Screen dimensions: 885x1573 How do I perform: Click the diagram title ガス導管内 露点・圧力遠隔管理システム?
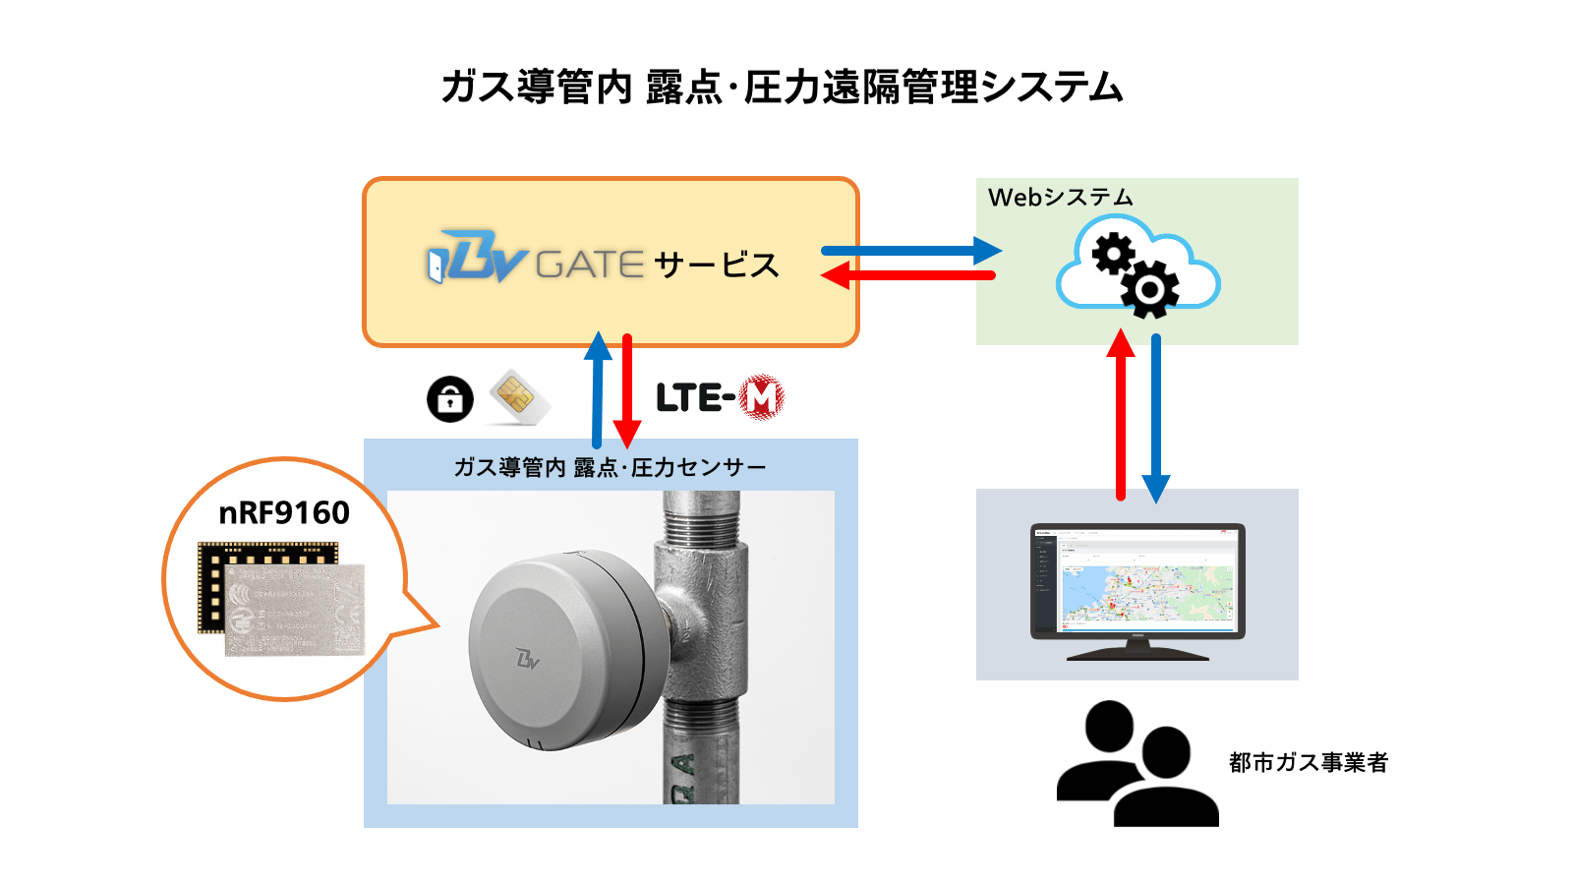(x=782, y=88)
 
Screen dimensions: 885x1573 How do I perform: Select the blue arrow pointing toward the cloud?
(x=909, y=251)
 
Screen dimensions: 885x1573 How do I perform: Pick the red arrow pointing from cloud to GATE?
(x=909, y=276)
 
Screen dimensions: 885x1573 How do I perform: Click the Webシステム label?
(x=1060, y=197)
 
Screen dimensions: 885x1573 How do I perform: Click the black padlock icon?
(x=450, y=399)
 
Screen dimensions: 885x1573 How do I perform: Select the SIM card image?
(x=517, y=397)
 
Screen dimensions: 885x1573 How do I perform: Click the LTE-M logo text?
(x=696, y=398)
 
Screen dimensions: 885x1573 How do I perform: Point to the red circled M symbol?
(x=761, y=397)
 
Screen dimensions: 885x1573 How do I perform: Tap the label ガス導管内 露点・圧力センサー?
(x=610, y=467)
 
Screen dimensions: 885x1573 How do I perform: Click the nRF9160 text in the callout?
(x=284, y=512)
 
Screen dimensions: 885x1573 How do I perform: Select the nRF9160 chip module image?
(x=282, y=598)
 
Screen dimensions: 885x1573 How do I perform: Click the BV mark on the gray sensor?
(x=528, y=658)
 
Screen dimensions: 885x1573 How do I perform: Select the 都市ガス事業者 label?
(x=1308, y=762)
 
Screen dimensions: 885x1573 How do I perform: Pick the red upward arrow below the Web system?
(x=1121, y=417)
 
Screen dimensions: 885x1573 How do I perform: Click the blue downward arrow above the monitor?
(x=1156, y=417)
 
